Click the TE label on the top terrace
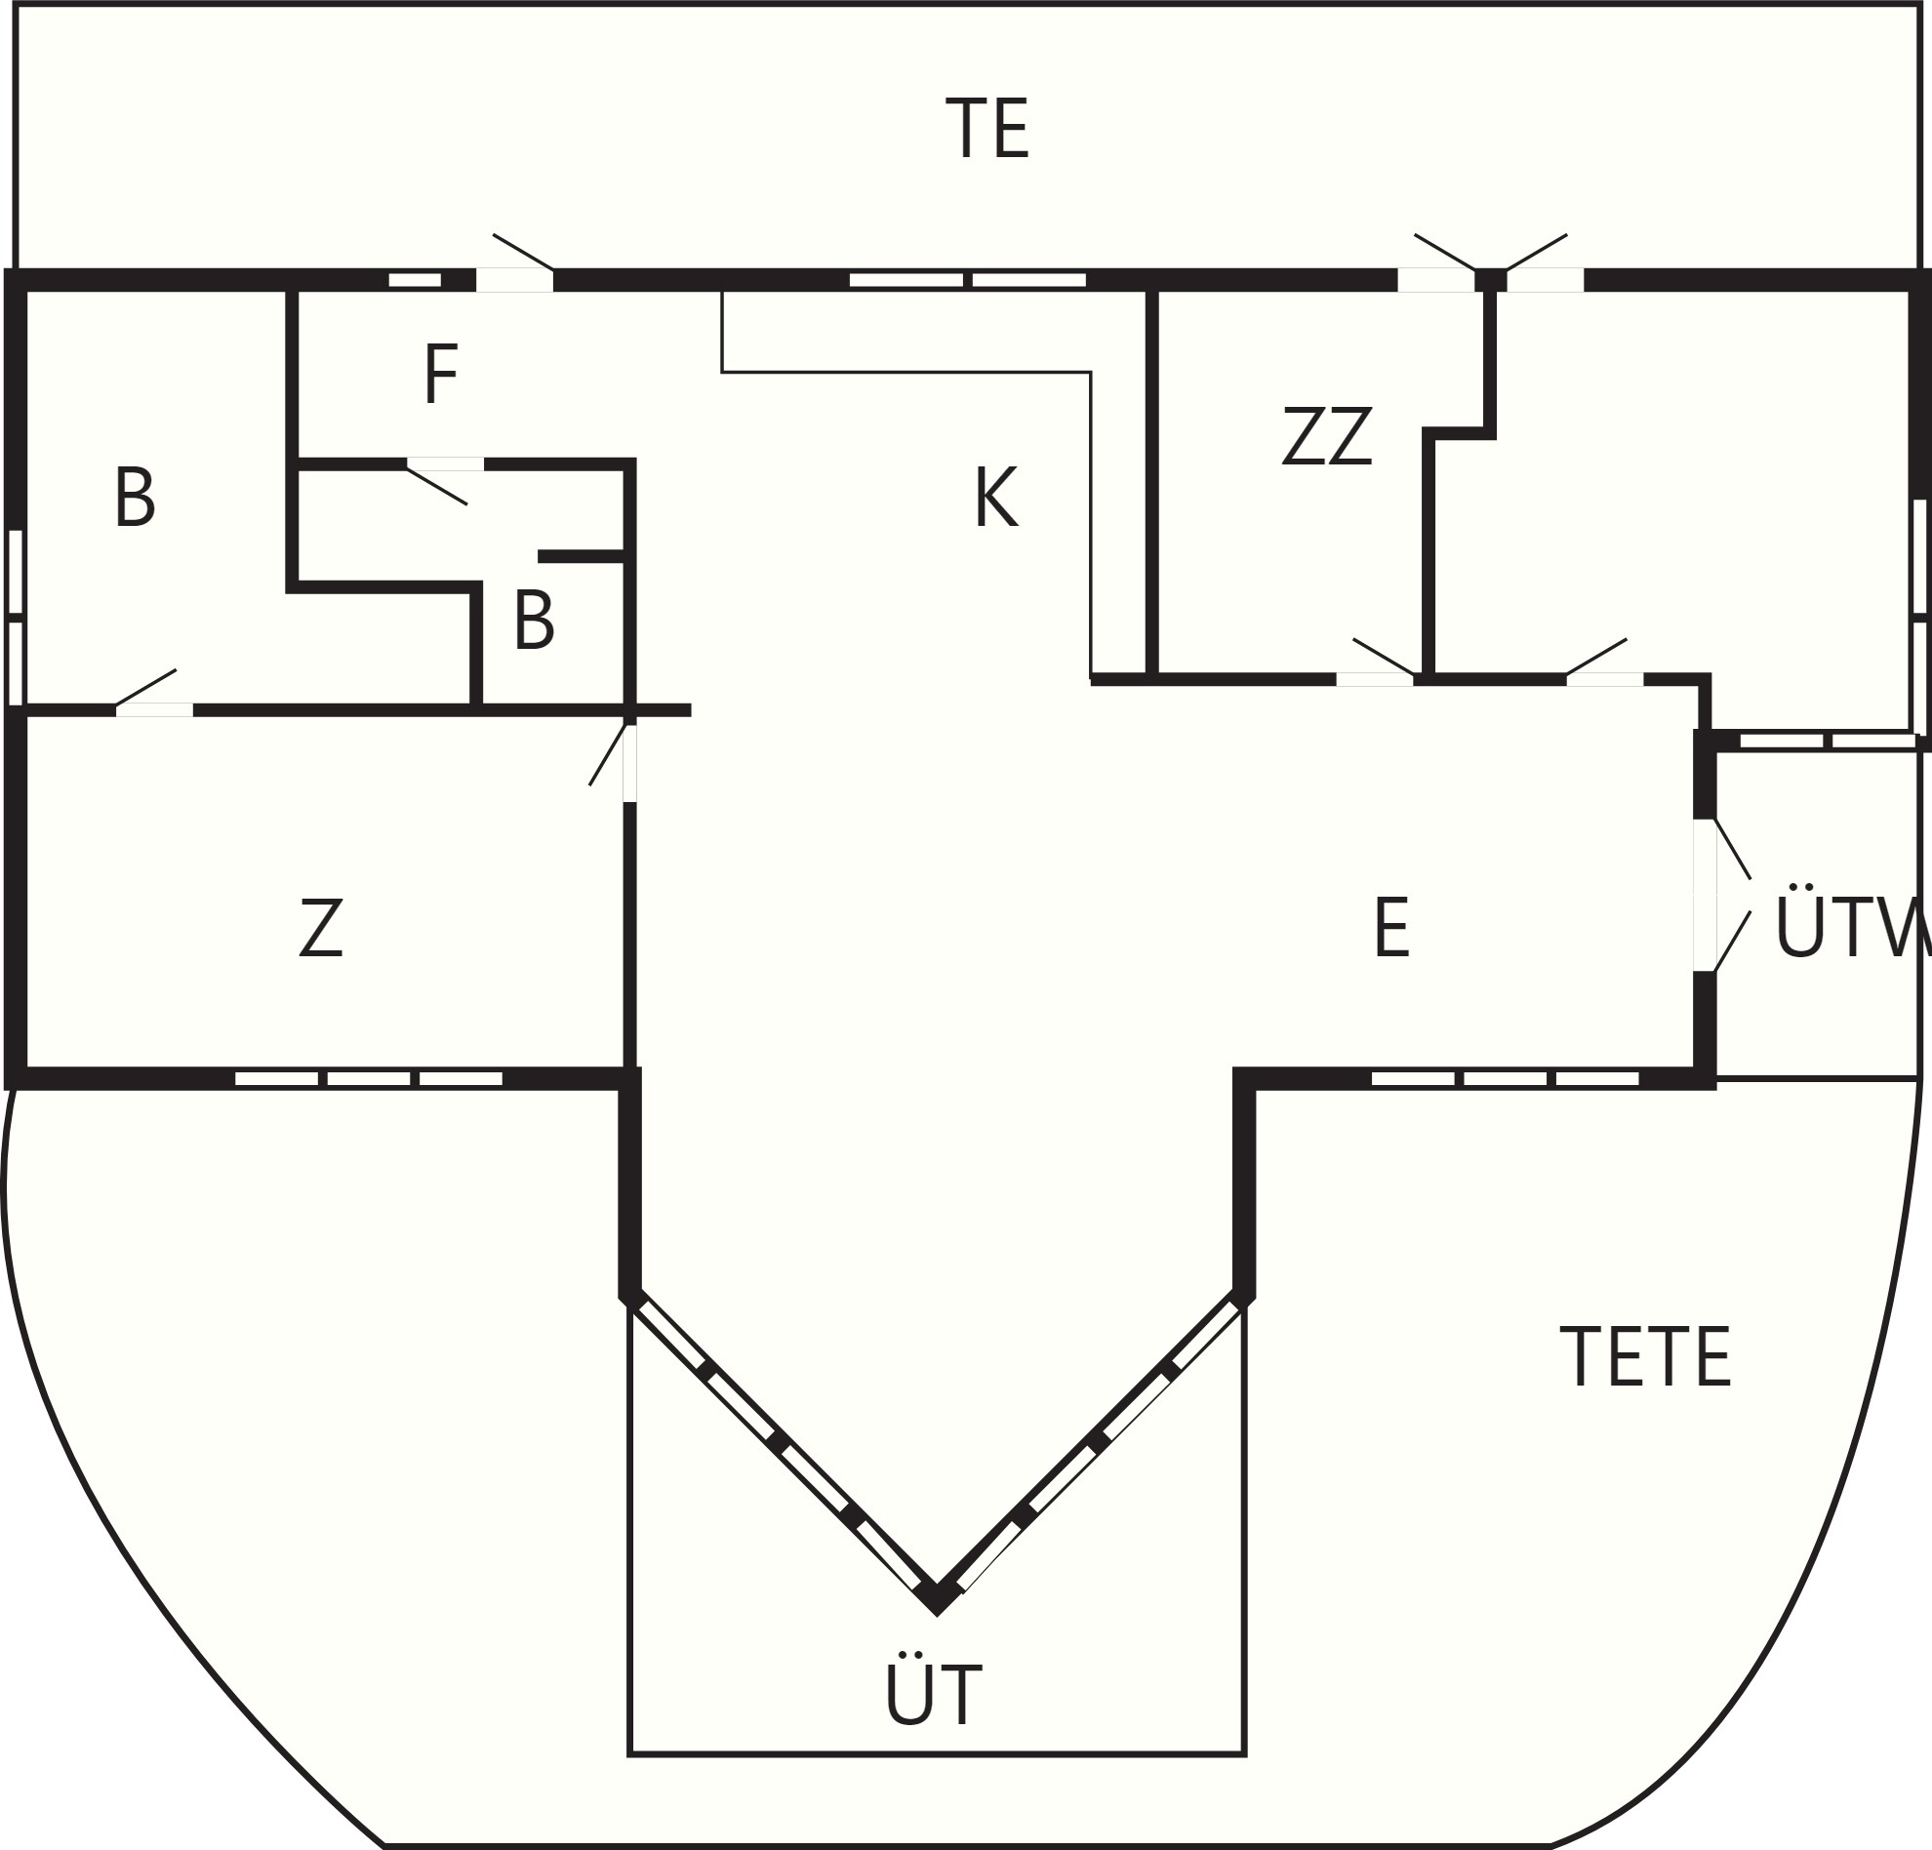tap(986, 127)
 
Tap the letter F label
tap(441, 374)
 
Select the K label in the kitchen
tap(995, 497)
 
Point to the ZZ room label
tap(1327, 435)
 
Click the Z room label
tap(321, 927)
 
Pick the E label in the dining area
tap(1391, 927)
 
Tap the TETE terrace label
tap(1645, 1356)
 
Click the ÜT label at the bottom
tap(934, 1690)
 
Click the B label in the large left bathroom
tap(135, 497)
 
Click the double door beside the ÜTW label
tap(1721, 895)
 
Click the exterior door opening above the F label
tap(514, 280)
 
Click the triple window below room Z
tap(369, 1079)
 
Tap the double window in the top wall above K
tap(968, 280)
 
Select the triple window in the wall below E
tap(1506, 1079)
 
